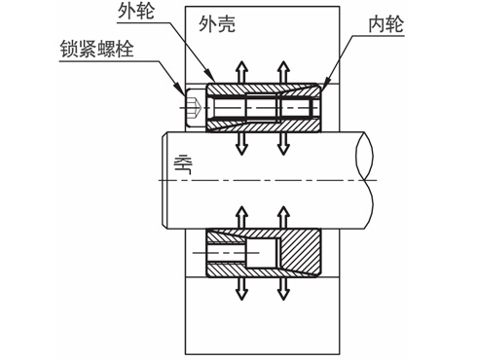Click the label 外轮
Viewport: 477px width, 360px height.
pos(136,12)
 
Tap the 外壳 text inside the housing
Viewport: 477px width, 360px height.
pos(217,24)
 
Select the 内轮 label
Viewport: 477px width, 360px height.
pos(386,24)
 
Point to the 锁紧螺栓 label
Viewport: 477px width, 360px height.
pos(96,50)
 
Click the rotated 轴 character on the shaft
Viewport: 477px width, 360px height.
pos(183,164)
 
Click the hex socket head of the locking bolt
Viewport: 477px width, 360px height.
pos(195,107)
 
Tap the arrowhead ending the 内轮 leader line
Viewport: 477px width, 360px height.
pos(326,81)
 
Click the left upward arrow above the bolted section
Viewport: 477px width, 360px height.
pos(241,72)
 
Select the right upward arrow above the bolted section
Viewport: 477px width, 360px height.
pos(283,72)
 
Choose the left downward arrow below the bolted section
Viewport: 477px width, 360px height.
pos(241,143)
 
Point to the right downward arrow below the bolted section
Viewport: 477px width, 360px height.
pos(283,143)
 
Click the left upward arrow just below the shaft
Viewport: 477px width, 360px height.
pos(241,217)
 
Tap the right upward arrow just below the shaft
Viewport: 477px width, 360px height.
pos(283,217)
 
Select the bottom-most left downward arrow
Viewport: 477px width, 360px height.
pos(241,288)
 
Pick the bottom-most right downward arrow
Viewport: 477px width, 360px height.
pos(283,288)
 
